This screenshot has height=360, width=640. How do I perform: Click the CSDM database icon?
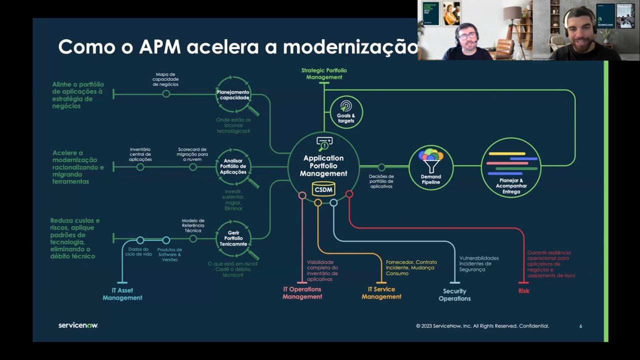click(x=323, y=189)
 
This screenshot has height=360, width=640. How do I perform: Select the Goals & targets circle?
click(x=346, y=112)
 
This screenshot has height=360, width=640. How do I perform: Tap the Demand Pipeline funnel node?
click(x=430, y=167)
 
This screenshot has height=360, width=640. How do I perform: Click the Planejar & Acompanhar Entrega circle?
click(x=510, y=167)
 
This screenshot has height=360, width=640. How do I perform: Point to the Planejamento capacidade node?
click(x=233, y=94)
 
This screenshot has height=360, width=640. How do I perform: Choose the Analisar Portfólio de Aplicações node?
click(x=233, y=166)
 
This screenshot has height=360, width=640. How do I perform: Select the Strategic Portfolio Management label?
click(x=324, y=74)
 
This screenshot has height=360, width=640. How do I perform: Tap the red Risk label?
click(x=523, y=290)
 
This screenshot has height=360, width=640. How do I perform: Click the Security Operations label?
click(x=454, y=294)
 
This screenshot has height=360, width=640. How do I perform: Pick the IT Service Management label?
click(x=381, y=293)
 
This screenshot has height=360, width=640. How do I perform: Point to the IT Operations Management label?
click(x=302, y=293)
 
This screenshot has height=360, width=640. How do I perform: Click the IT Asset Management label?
click(x=122, y=294)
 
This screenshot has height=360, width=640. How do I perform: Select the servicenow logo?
click(x=78, y=325)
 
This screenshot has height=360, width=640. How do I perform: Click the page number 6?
click(x=580, y=326)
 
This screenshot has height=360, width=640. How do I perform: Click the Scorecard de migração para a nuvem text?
click(x=192, y=154)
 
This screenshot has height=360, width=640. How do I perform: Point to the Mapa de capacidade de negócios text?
click(x=165, y=79)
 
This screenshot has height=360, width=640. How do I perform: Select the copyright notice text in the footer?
click(x=482, y=326)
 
